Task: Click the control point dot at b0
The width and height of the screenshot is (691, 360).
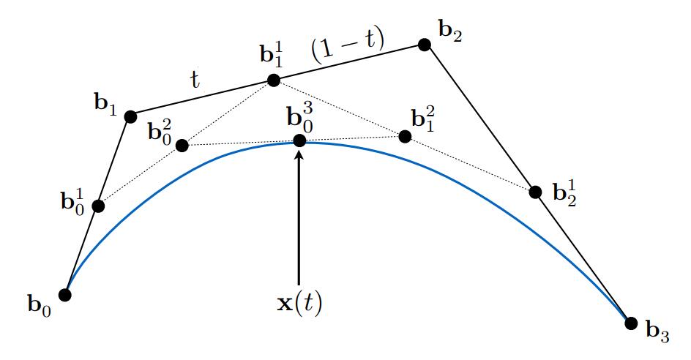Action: click(x=65, y=294)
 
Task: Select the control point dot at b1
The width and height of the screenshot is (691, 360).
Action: click(x=130, y=117)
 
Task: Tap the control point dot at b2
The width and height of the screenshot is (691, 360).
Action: click(x=425, y=45)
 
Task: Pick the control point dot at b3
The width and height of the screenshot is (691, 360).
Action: click(x=631, y=323)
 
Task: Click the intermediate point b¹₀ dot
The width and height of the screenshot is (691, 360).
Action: click(x=98, y=206)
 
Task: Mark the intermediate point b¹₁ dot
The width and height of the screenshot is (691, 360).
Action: click(x=273, y=80)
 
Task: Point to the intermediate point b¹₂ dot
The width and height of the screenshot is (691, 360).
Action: click(x=535, y=192)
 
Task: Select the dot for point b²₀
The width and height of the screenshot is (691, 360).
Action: click(x=182, y=145)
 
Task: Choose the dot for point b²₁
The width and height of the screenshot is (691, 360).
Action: click(x=405, y=137)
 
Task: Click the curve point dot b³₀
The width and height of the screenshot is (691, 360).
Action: click(x=299, y=140)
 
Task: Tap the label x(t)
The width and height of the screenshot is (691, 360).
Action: click(x=299, y=303)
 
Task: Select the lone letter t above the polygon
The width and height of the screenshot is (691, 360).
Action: click(x=195, y=80)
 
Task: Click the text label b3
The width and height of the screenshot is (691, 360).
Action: click(x=657, y=331)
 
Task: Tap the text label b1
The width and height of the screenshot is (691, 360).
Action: click(x=105, y=105)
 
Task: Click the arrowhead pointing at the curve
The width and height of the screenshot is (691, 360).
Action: click(x=299, y=154)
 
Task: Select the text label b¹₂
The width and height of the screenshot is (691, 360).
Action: click(x=565, y=193)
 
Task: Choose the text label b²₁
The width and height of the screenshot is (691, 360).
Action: click(x=423, y=119)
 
